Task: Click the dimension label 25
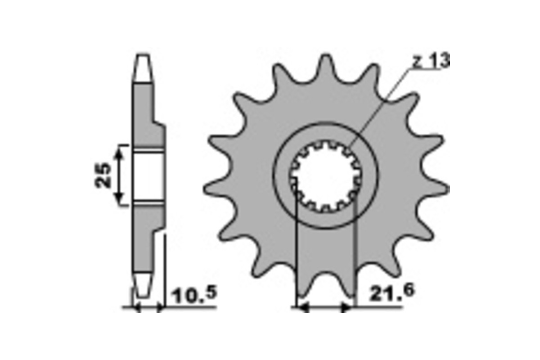(103, 175)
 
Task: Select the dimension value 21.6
(392, 292)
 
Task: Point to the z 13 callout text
(431, 61)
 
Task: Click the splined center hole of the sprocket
(326, 176)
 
